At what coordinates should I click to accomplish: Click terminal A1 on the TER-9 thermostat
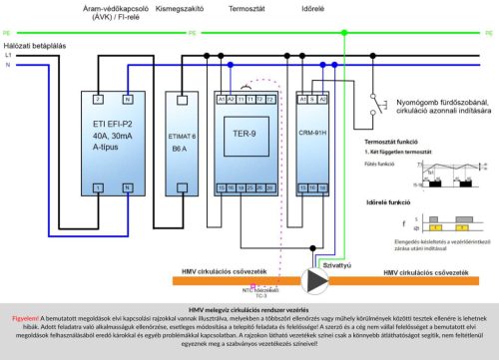220,100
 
